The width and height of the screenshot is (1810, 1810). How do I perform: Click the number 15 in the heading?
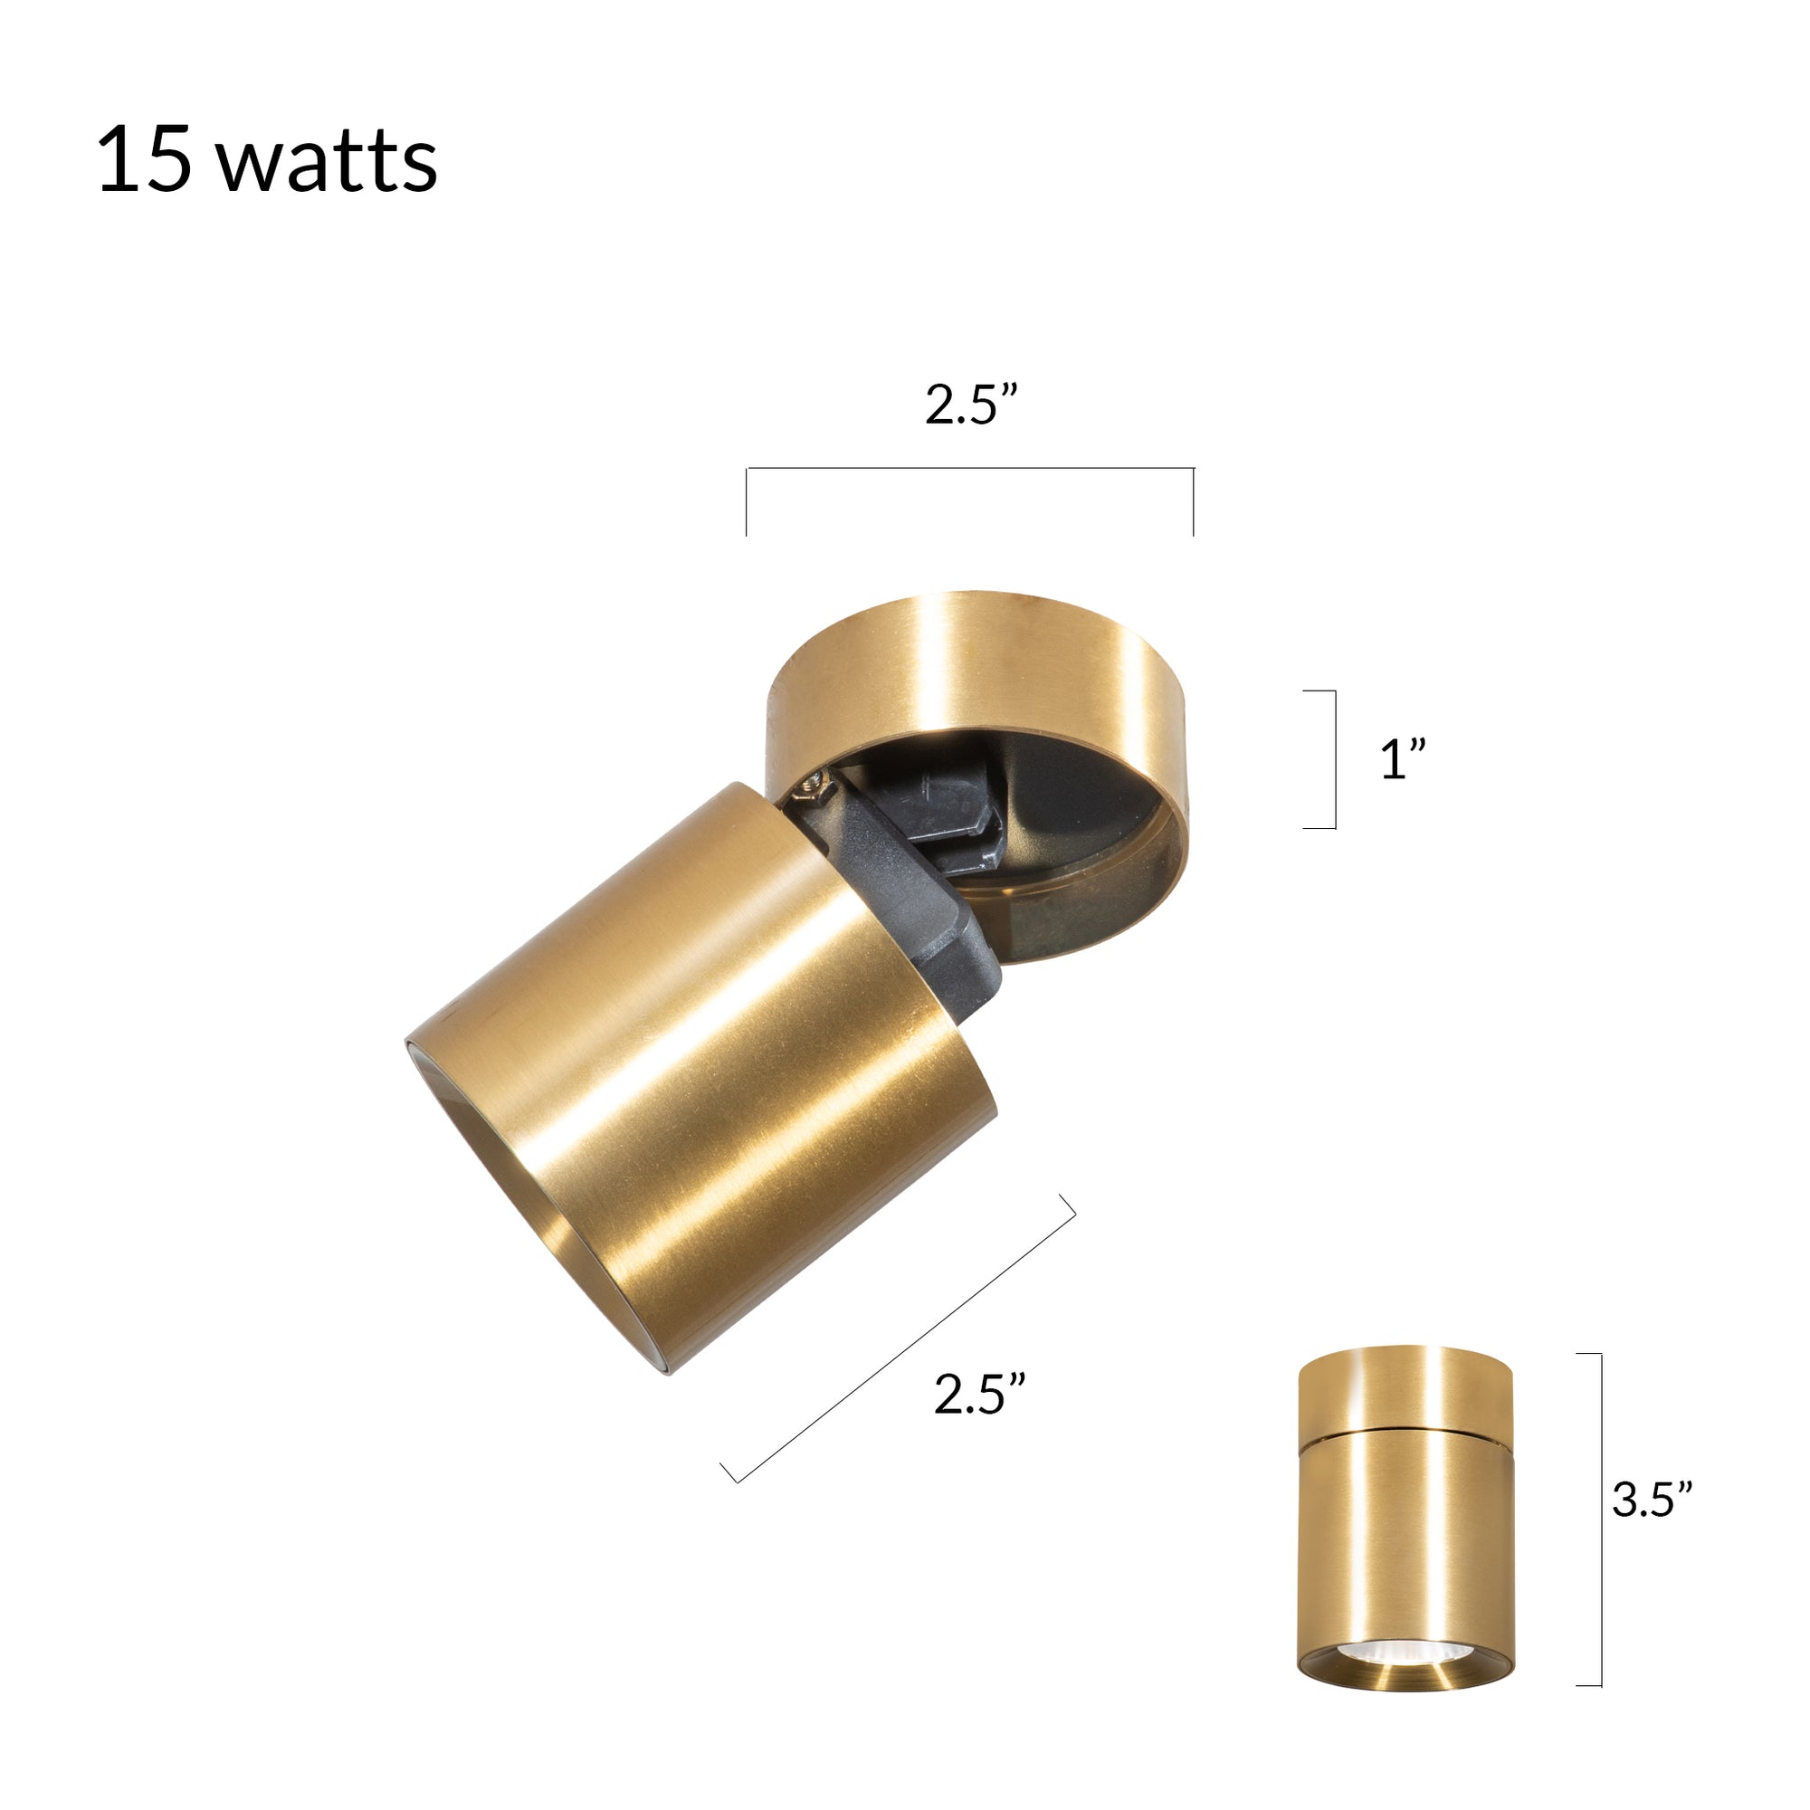(144, 160)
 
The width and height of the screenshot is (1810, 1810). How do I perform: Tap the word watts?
(327, 163)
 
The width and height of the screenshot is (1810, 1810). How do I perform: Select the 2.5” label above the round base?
(970, 405)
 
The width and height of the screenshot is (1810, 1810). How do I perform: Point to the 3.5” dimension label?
(1652, 1499)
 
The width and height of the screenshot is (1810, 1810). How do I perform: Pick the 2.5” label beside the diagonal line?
(979, 1393)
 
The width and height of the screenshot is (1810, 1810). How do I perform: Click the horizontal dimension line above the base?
(969, 468)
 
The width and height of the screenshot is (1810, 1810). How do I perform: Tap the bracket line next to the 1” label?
(1334, 760)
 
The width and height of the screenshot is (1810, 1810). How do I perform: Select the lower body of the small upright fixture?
(1405, 1537)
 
